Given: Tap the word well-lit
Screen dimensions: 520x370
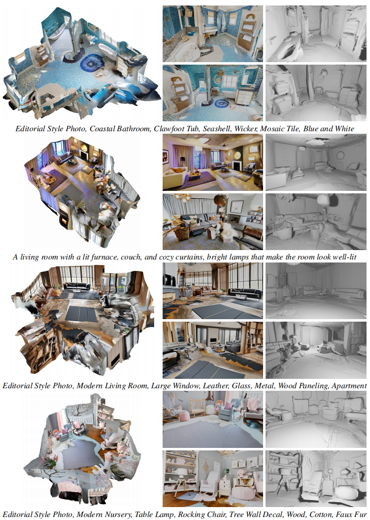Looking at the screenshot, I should click(343, 257).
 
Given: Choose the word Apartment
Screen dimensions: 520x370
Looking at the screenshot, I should click(349, 385).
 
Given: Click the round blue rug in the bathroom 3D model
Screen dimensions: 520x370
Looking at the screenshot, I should click(92, 63).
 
